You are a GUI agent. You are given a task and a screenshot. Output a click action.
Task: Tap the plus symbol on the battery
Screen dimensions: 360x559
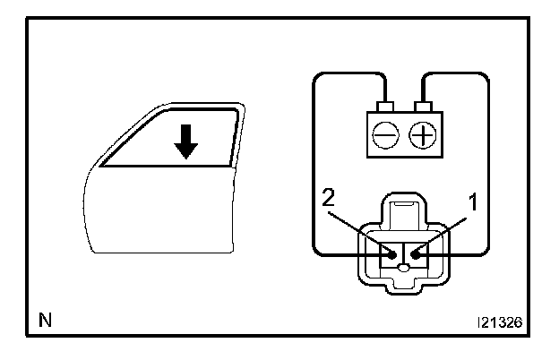pyautogui.click(x=420, y=134)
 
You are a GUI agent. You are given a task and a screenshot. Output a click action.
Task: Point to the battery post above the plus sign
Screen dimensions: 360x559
pyautogui.click(x=419, y=107)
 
